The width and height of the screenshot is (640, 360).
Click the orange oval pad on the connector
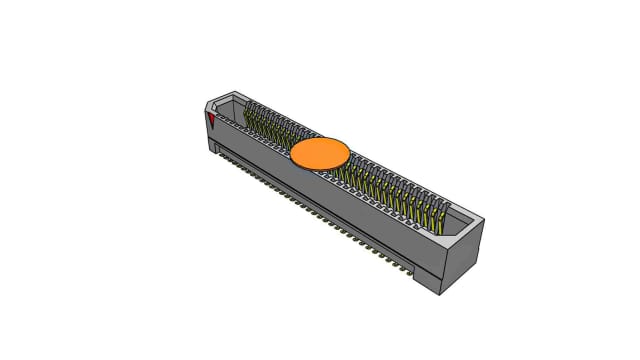[320, 153]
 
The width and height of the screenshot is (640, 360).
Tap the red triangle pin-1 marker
[212, 121]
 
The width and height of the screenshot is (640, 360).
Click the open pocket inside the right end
[456, 218]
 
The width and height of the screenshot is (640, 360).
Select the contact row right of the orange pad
[390, 185]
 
